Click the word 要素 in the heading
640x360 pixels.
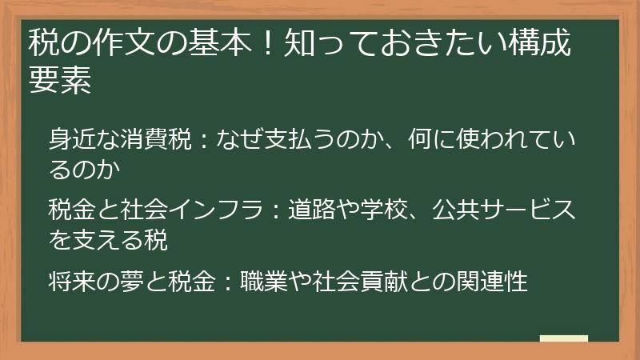[60, 80]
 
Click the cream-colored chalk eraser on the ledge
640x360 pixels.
[563, 338]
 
